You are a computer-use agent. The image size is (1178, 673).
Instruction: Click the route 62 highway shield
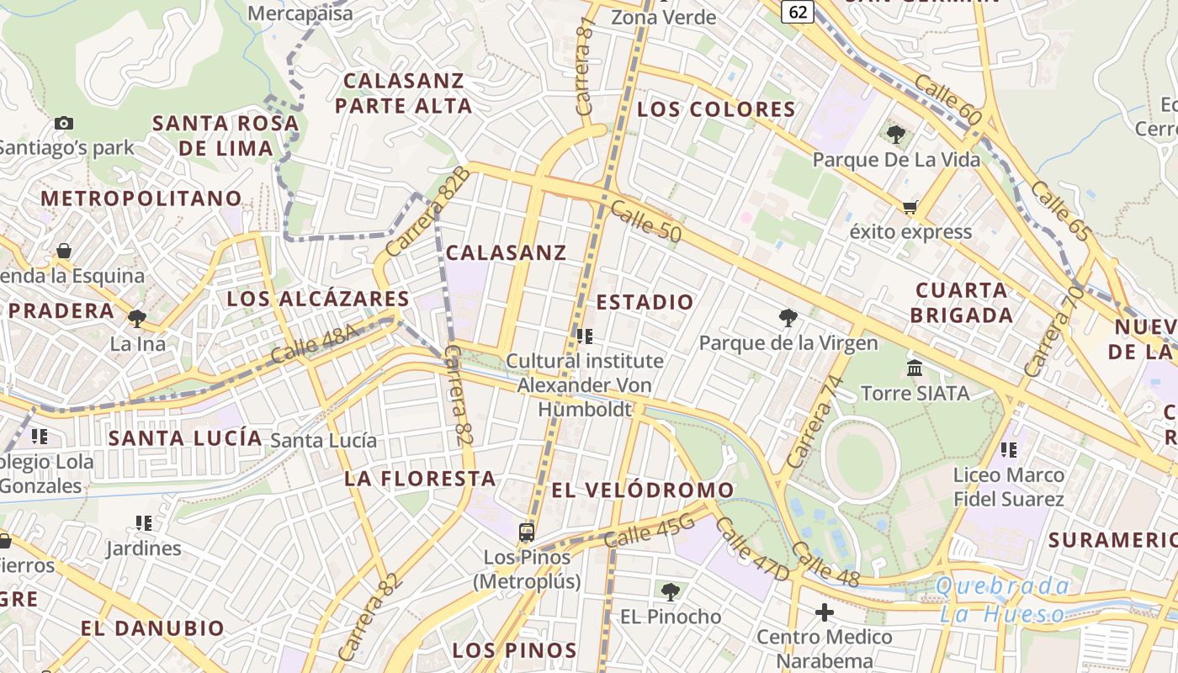point(799,11)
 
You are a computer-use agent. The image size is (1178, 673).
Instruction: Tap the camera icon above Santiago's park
point(64,124)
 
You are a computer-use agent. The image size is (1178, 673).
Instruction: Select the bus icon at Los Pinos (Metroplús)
point(527,532)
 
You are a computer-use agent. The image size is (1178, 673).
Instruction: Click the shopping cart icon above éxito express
point(910,207)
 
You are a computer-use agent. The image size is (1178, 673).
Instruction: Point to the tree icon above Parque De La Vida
point(896,135)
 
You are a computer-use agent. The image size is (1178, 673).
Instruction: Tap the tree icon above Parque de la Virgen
point(788,318)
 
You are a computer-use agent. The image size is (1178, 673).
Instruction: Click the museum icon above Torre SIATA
point(915,368)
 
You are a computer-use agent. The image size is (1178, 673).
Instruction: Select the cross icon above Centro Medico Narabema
point(825,612)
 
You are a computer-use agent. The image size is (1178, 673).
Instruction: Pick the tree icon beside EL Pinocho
point(671,592)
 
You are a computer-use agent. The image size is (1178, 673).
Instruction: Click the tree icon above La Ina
point(137,319)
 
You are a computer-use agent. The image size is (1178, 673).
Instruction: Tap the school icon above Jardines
point(144,523)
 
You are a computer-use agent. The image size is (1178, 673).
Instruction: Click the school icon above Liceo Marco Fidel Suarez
point(1009,450)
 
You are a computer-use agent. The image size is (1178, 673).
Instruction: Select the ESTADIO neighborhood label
point(645,302)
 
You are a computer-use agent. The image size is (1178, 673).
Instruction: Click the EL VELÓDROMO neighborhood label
point(643,490)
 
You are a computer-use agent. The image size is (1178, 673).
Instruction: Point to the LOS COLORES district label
point(716,109)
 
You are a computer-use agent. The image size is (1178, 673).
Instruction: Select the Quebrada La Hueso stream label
point(1004,600)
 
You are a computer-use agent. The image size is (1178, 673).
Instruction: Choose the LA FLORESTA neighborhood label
point(420,479)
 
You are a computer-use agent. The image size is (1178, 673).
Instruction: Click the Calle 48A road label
point(316,346)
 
